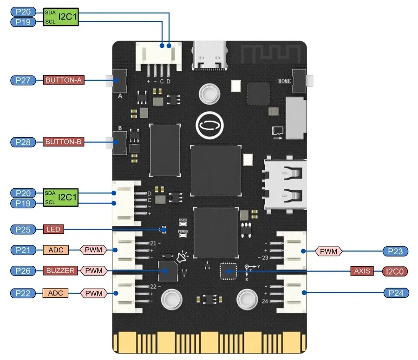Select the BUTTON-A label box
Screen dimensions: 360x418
[64, 80]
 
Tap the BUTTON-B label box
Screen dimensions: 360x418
[64, 142]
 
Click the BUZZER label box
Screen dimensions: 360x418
[60, 270]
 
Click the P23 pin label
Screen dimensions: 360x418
[395, 251]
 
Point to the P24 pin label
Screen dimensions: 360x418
[395, 293]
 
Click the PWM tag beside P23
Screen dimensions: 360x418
[328, 251]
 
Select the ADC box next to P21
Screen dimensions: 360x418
[56, 251]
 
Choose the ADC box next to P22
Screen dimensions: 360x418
[56, 293]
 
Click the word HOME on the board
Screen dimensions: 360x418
[284, 81]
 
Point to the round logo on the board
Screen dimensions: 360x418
[210, 124]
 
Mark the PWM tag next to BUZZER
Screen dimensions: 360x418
[94, 270]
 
